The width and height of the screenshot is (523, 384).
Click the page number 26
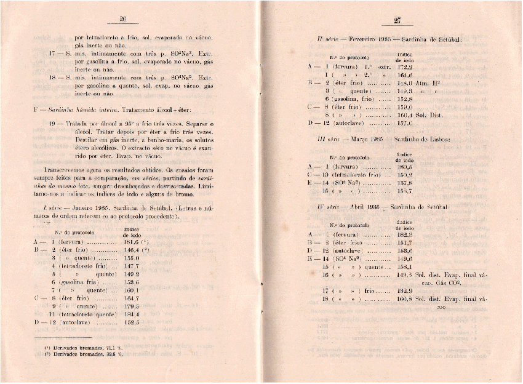click(122, 18)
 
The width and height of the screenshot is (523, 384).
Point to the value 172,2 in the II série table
click(404, 67)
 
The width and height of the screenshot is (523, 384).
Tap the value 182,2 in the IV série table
click(404, 234)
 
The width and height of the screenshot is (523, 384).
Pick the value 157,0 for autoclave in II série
click(404, 123)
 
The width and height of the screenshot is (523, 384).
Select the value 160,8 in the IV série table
click(404, 299)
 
